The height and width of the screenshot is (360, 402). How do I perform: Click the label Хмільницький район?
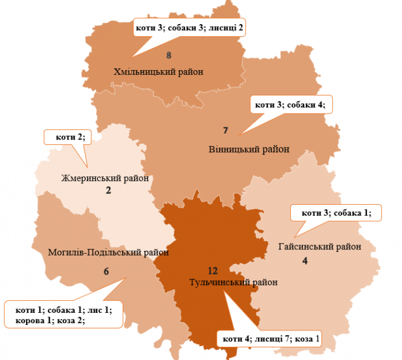(158, 72)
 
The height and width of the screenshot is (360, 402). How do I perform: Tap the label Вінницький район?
(248, 149)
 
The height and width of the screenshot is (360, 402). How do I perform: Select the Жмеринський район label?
(105, 178)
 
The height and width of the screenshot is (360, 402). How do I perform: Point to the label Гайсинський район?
(320, 246)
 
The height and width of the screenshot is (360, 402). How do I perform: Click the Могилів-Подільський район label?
(108, 252)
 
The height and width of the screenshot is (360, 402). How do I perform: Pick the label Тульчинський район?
(233, 282)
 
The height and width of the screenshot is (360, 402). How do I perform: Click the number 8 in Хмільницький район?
(169, 56)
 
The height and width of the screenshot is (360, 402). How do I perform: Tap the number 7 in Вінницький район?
(225, 130)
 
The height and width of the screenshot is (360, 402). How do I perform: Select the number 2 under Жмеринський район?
(109, 191)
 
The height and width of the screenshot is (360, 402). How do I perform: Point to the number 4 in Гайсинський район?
(305, 261)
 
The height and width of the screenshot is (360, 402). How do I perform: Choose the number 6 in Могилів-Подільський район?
(106, 272)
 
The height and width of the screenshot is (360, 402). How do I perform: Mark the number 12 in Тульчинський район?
(211, 270)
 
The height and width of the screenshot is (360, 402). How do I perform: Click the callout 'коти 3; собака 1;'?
(336, 213)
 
